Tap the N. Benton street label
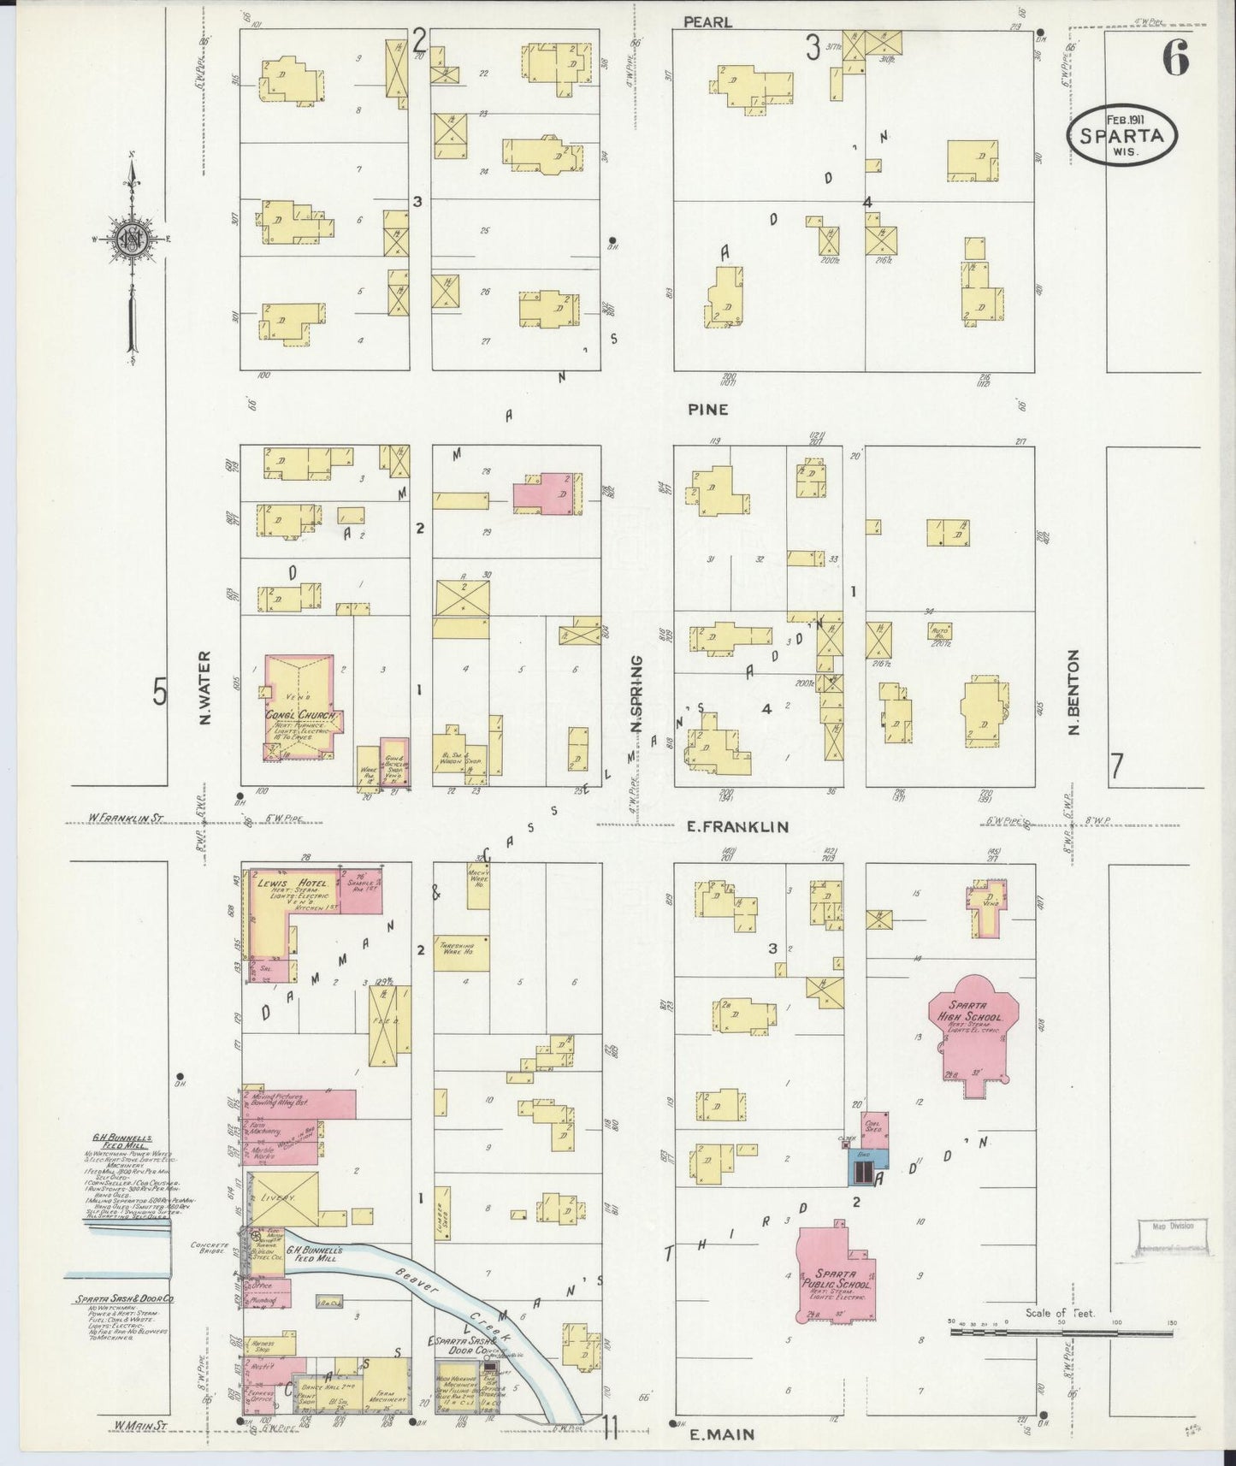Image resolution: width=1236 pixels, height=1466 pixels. pos(1074,692)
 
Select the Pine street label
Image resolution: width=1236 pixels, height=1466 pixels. pos(708,410)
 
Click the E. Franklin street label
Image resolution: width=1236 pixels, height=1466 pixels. pos(737,827)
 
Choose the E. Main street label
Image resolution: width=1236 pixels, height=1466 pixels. pos(722,1434)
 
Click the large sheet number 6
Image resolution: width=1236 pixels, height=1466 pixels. pos(1174,59)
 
